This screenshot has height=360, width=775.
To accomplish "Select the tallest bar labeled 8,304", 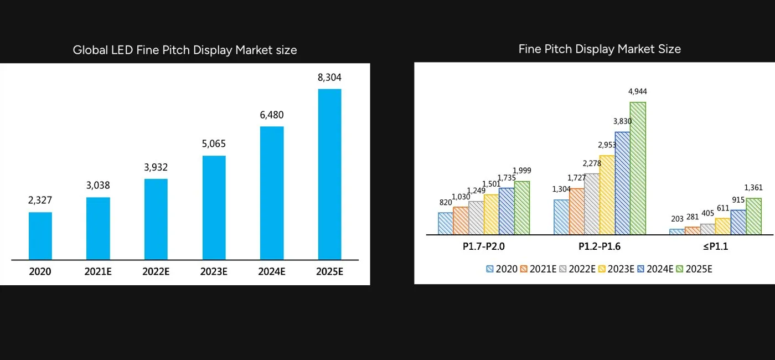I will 329,174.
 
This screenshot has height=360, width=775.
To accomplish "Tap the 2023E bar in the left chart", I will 214,207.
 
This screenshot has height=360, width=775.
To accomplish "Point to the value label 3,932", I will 156,167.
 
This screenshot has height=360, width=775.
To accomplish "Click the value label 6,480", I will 271,115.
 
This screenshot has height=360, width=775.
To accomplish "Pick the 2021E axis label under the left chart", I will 98,272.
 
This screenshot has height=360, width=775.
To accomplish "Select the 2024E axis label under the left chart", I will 271,272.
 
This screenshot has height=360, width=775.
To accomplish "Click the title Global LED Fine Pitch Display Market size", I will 185,50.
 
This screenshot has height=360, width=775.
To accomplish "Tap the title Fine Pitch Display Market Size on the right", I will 600,49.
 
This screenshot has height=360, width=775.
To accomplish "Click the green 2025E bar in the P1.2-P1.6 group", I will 638,168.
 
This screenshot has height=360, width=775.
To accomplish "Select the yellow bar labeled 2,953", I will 607,194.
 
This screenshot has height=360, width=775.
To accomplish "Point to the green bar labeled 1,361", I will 753,216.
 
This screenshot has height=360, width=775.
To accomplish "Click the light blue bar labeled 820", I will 446,223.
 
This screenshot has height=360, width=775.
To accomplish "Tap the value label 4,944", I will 637,91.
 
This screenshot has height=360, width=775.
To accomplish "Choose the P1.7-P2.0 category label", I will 484,247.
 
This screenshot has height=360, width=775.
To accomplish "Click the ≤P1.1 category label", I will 715,247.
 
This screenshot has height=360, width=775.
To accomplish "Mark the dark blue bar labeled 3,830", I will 622,183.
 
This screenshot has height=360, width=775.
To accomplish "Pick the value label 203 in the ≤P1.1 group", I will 676,219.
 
